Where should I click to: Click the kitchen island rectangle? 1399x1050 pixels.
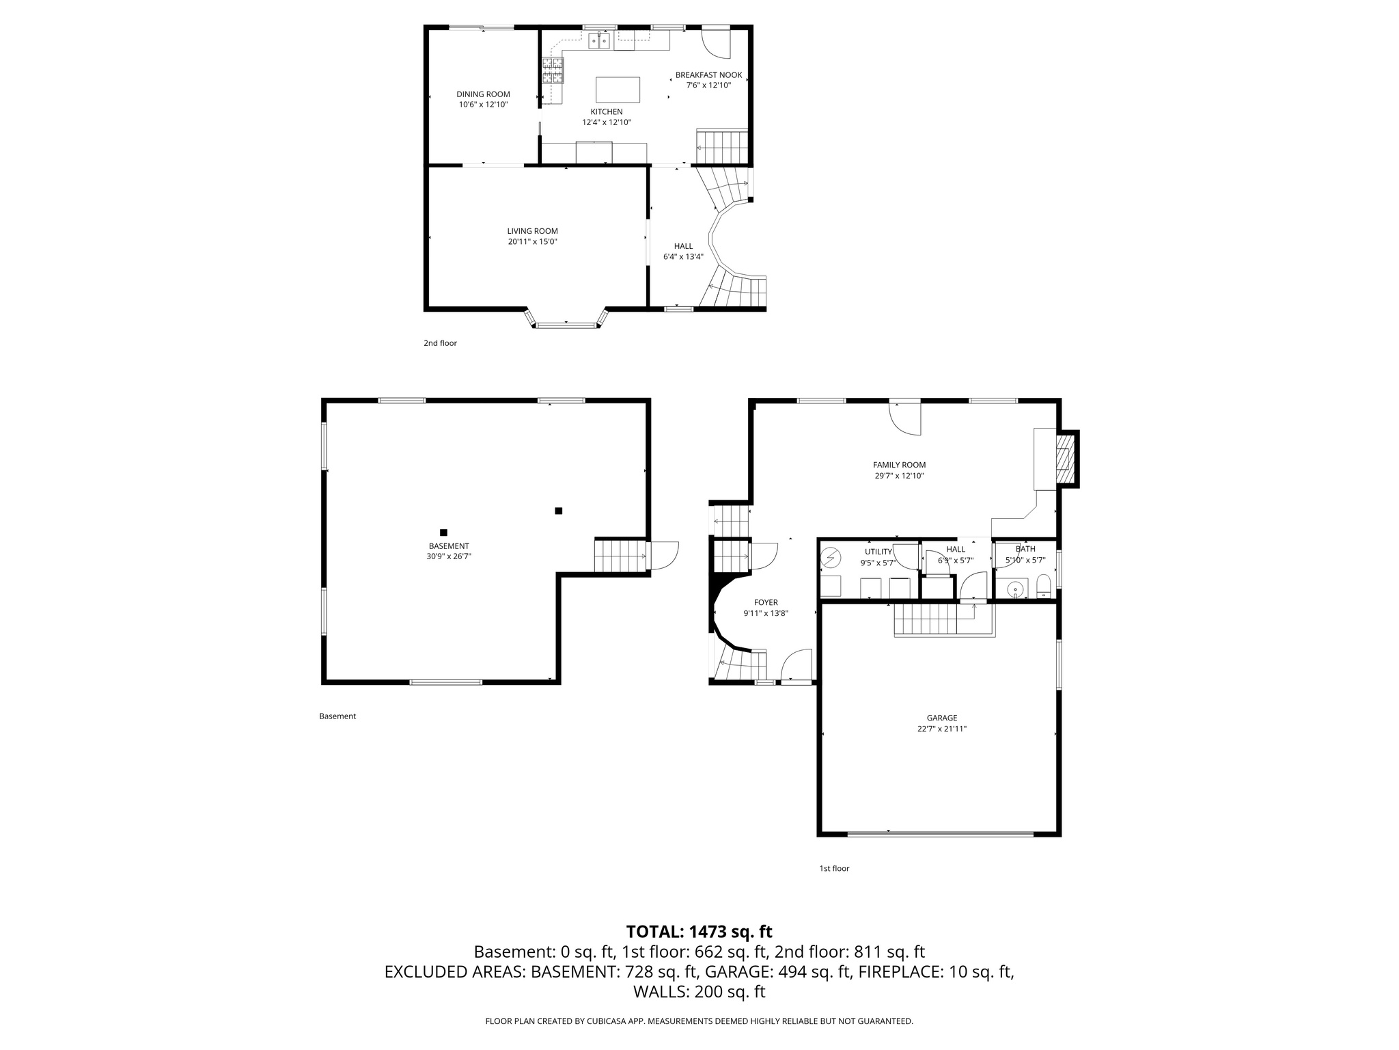[x=618, y=90]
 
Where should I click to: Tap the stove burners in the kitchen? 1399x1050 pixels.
[x=553, y=70]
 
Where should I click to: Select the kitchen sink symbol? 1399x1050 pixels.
[x=599, y=42]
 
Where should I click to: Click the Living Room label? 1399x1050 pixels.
[x=532, y=231]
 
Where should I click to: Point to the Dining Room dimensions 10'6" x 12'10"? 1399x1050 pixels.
[x=483, y=105]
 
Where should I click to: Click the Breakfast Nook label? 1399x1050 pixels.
[x=708, y=75]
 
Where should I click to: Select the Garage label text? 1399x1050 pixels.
[x=941, y=718]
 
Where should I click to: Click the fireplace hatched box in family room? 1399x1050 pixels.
[x=1064, y=459]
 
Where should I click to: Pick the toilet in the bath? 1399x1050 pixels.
[x=1043, y=587]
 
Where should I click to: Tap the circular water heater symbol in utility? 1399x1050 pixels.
[x=831, y=558]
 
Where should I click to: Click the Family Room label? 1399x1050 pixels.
[x=899, y=465]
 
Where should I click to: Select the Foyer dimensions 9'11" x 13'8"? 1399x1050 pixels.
[x=766, y=613]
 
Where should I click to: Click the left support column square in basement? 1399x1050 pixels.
[x=443, y=533]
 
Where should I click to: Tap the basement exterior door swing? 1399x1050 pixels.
[x=663, y=555]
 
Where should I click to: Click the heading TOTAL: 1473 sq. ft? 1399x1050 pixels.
[x=699, y=931]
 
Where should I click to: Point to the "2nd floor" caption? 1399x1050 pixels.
[x=440, y=343]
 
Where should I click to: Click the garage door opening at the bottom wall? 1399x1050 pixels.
[x=940, y=834]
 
